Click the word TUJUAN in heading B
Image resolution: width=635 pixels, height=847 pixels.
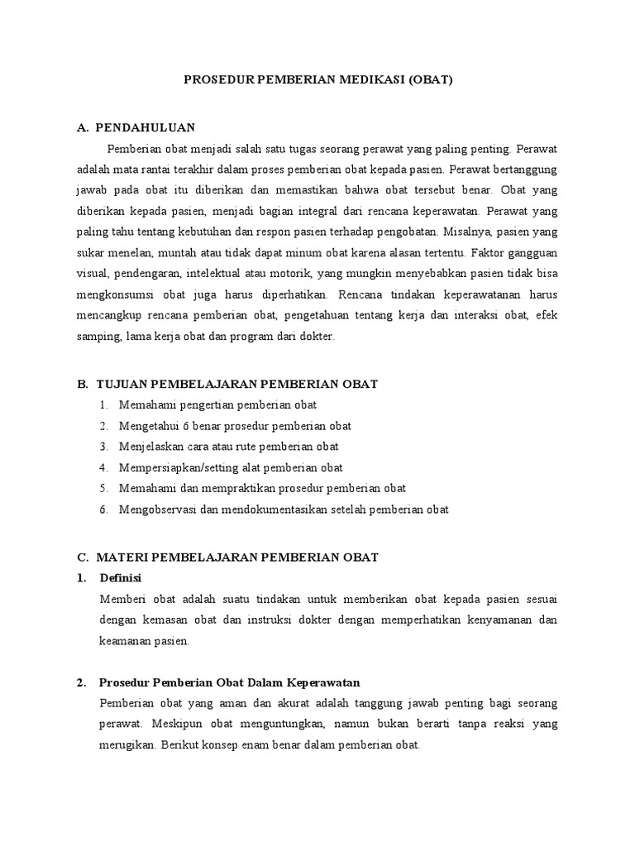pyautogui.click(x=121, y=384)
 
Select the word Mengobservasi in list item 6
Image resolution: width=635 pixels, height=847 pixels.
pyautogui.click(x=157, y=510)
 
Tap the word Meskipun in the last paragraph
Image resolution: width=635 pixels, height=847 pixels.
pyautogui.click(x=169, y=725)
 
